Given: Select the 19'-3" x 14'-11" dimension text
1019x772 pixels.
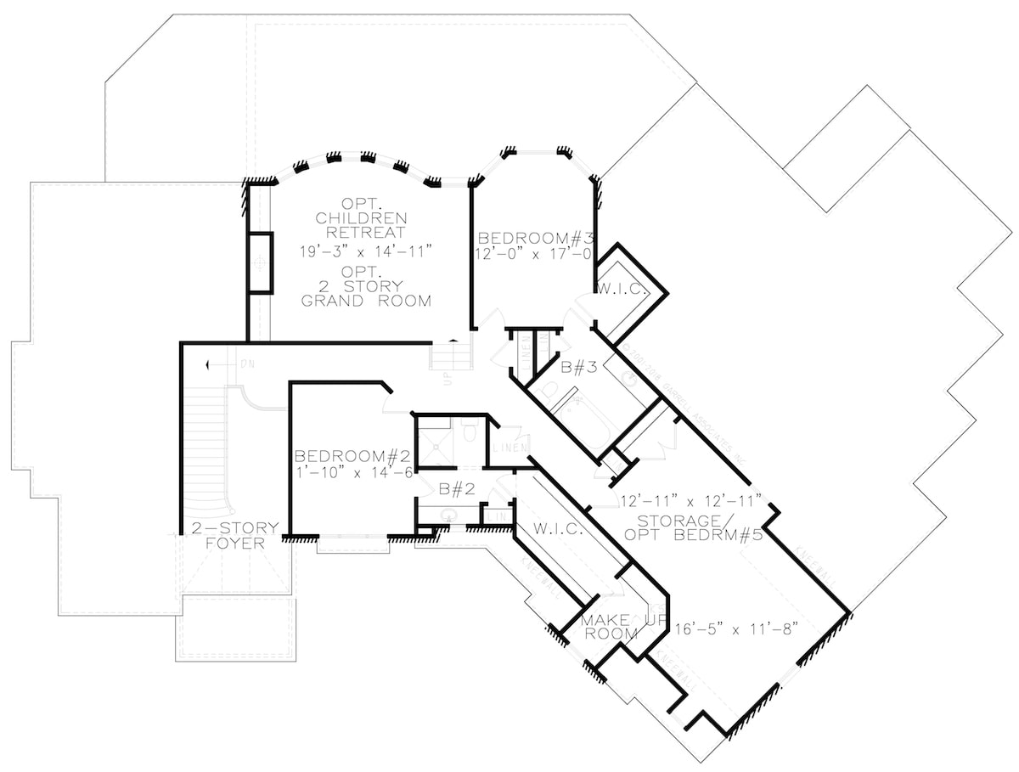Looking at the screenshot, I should point(366,251).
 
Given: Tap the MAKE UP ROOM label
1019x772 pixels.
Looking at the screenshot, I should point(610,627).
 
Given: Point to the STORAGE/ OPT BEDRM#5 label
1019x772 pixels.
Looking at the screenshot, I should point(691,526).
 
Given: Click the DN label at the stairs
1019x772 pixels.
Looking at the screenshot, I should point(247,363).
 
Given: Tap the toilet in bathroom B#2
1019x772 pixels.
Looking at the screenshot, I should point(469,434).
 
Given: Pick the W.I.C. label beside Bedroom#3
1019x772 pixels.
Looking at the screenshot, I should point(623,290).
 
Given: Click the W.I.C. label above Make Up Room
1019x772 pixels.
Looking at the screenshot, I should point(557,529).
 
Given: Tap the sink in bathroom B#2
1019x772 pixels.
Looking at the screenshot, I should point(448,514).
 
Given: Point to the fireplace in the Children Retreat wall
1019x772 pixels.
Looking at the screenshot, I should point(260,262).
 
